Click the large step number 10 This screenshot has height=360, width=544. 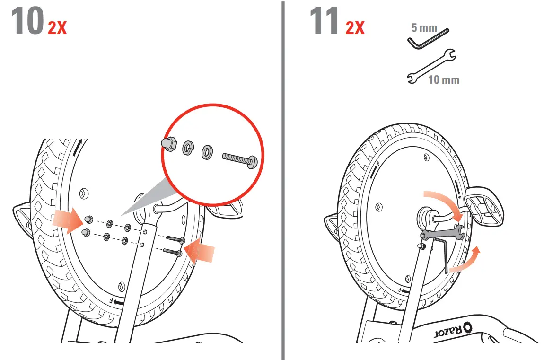27,22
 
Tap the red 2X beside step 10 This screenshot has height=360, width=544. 57,28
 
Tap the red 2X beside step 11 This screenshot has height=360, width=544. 355,28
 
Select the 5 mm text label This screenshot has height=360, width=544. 424,28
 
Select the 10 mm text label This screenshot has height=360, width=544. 444,79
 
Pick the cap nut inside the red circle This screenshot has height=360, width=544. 169,144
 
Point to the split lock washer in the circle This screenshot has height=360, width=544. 187,148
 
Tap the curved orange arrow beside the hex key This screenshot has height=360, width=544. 466,260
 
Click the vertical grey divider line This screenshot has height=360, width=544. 283,180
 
